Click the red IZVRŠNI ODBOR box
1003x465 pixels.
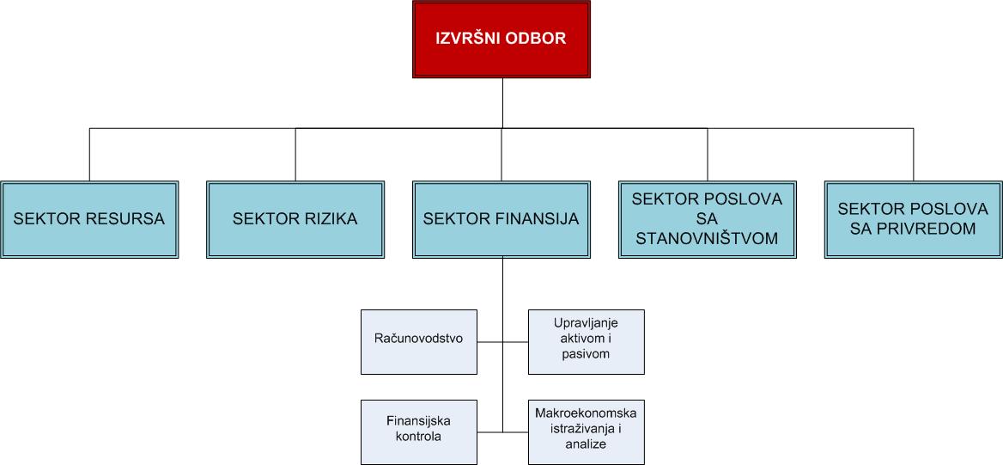pos(501,39)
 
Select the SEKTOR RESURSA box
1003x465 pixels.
pos(89,219)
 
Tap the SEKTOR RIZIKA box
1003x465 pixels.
pos(295,219)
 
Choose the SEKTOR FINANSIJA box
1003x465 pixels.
pos(501,219)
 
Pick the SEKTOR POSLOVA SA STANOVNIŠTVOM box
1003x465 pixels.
pos(707,219)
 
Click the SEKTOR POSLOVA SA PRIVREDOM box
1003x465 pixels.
pos(913,219)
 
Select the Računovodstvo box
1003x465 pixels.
pos(419,341)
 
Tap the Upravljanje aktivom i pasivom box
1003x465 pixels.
pos(586,341)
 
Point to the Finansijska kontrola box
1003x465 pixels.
pos(419,431)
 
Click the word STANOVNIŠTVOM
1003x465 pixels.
pos(707,239)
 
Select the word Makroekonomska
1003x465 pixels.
pos(586,413)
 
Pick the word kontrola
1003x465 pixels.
pos(419,437)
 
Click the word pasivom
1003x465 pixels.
pos(586,354)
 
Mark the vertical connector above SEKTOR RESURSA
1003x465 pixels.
pos(89,155)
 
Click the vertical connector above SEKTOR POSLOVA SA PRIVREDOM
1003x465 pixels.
pos(913,155)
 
